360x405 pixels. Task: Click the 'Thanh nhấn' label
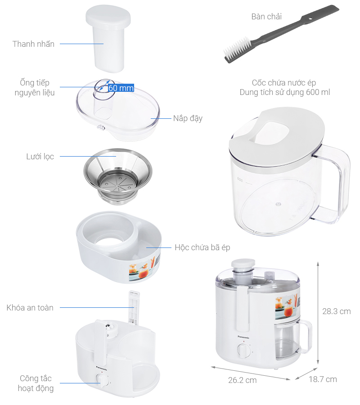click(34, 44)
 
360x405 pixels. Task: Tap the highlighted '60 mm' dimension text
click(121, 88)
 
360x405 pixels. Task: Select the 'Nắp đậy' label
click(188, 118)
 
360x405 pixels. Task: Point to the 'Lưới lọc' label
click(40, 157)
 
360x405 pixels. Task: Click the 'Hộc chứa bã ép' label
click(202, 247)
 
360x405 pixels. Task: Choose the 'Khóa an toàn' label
click(30, 308)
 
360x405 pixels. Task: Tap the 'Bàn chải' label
click(266, 17)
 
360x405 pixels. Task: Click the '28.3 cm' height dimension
click(337, 311)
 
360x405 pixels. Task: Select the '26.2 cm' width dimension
click(242, 380)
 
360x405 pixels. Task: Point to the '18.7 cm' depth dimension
click(323, 379)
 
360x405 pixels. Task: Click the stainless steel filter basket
click(118, 175)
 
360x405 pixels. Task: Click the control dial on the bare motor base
click(102, 380)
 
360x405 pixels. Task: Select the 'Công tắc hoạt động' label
click(36, 383)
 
